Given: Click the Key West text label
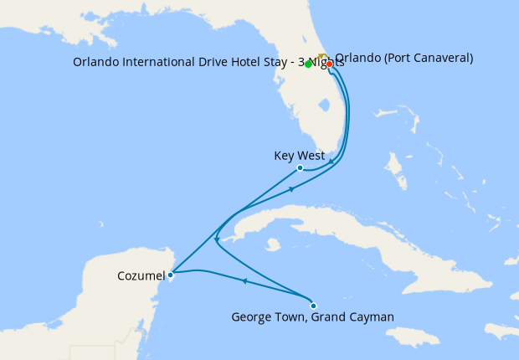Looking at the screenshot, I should coord(299,156).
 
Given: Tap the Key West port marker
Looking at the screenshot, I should coord(300,168).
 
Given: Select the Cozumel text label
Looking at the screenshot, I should coord(141,274).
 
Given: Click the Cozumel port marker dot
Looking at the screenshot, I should coord(170,274).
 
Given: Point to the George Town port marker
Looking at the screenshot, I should coord(313,305).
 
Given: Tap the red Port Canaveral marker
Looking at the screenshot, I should coord(329,64).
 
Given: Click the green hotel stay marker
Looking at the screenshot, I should coord(308,64).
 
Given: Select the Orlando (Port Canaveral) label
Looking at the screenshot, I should coord(404,58).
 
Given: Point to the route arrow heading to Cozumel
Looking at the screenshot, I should coord(244,282).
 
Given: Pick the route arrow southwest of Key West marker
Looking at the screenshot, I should coord(292,189).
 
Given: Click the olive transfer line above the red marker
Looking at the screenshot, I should coord(321,56).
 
